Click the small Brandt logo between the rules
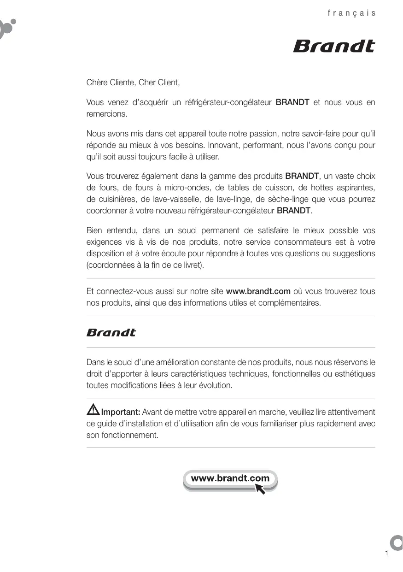click(111, 332)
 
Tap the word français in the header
click(351, 13)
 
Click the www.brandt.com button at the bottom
click(230, 479)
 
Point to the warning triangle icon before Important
click(93, 408)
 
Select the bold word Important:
click(121, 412)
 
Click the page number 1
click(387, 553)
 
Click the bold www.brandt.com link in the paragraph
click(258, 291)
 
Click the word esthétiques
click(354, 373)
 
